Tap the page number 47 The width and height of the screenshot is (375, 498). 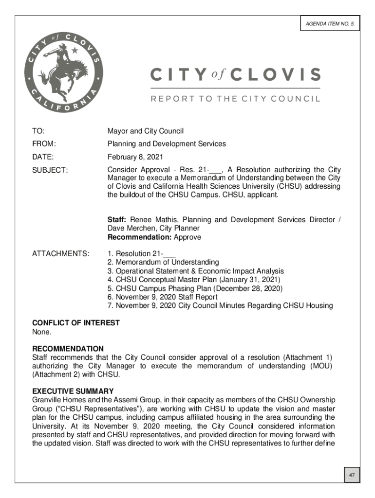point(350,474)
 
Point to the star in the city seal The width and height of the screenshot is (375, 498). point(75,50)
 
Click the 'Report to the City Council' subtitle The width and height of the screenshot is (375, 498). point(235,98)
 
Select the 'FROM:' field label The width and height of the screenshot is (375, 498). point(44,144)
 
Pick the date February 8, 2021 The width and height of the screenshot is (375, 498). point(135,157)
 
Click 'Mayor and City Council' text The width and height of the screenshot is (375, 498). point(145,131)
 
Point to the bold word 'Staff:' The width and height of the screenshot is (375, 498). point(117,220)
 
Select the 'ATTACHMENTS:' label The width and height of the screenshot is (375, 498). point(60,253)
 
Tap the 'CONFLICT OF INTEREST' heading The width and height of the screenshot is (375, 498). point(75,323)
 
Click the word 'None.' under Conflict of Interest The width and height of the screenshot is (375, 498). point(41,332)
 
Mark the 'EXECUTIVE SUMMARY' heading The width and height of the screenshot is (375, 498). point(73,391)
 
